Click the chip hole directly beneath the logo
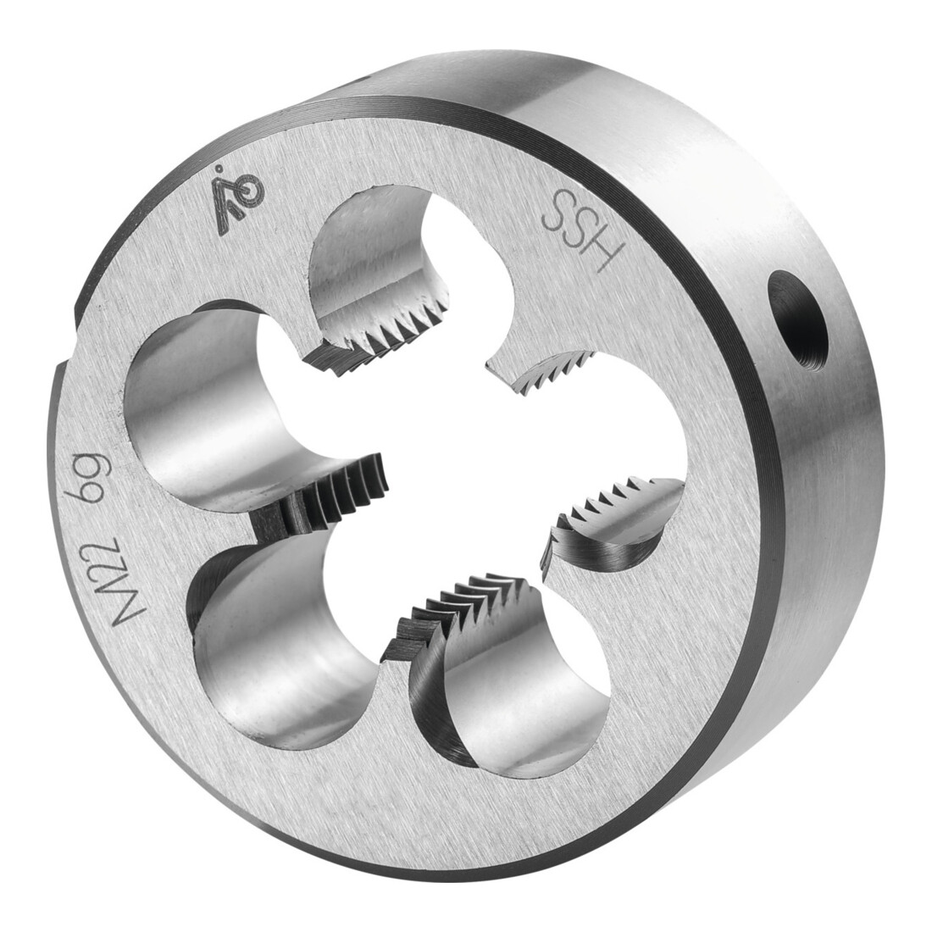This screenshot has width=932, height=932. click(x=380, y=262)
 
